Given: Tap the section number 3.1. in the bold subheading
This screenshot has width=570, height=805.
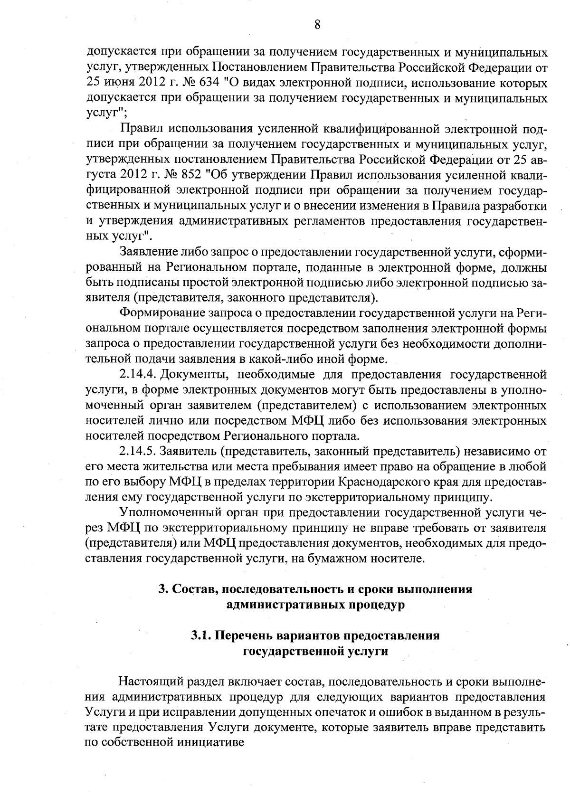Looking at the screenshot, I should point(202,635).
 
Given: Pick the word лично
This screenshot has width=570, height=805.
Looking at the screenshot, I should point(167,421).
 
